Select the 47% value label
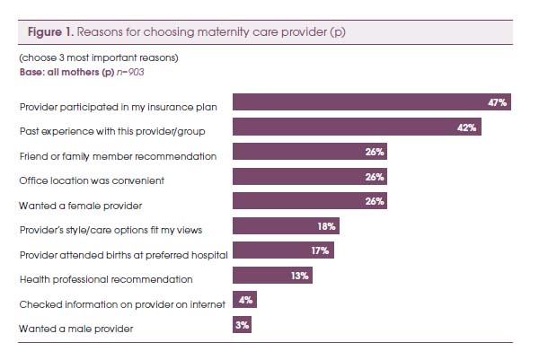[498, 103]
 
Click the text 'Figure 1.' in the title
[49, 31]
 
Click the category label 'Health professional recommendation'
[106, 279]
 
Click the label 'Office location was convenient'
[93, 180]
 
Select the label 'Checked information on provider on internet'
[122, 304]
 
